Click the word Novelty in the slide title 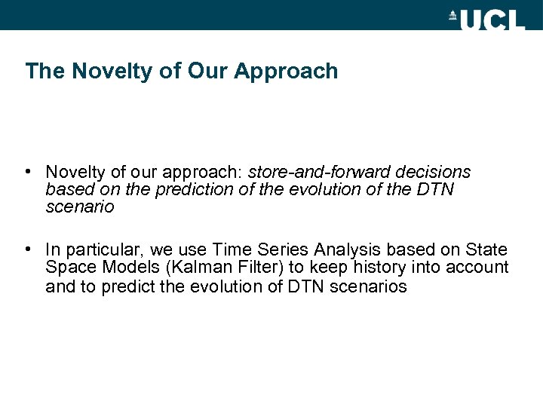coord(100,72)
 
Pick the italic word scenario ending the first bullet coord(79,207)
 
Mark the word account coord(480,268)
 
